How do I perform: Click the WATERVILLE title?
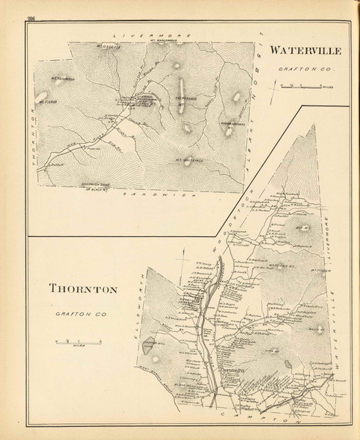(x=306, y=52)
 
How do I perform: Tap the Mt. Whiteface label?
(x=188, y=159)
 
